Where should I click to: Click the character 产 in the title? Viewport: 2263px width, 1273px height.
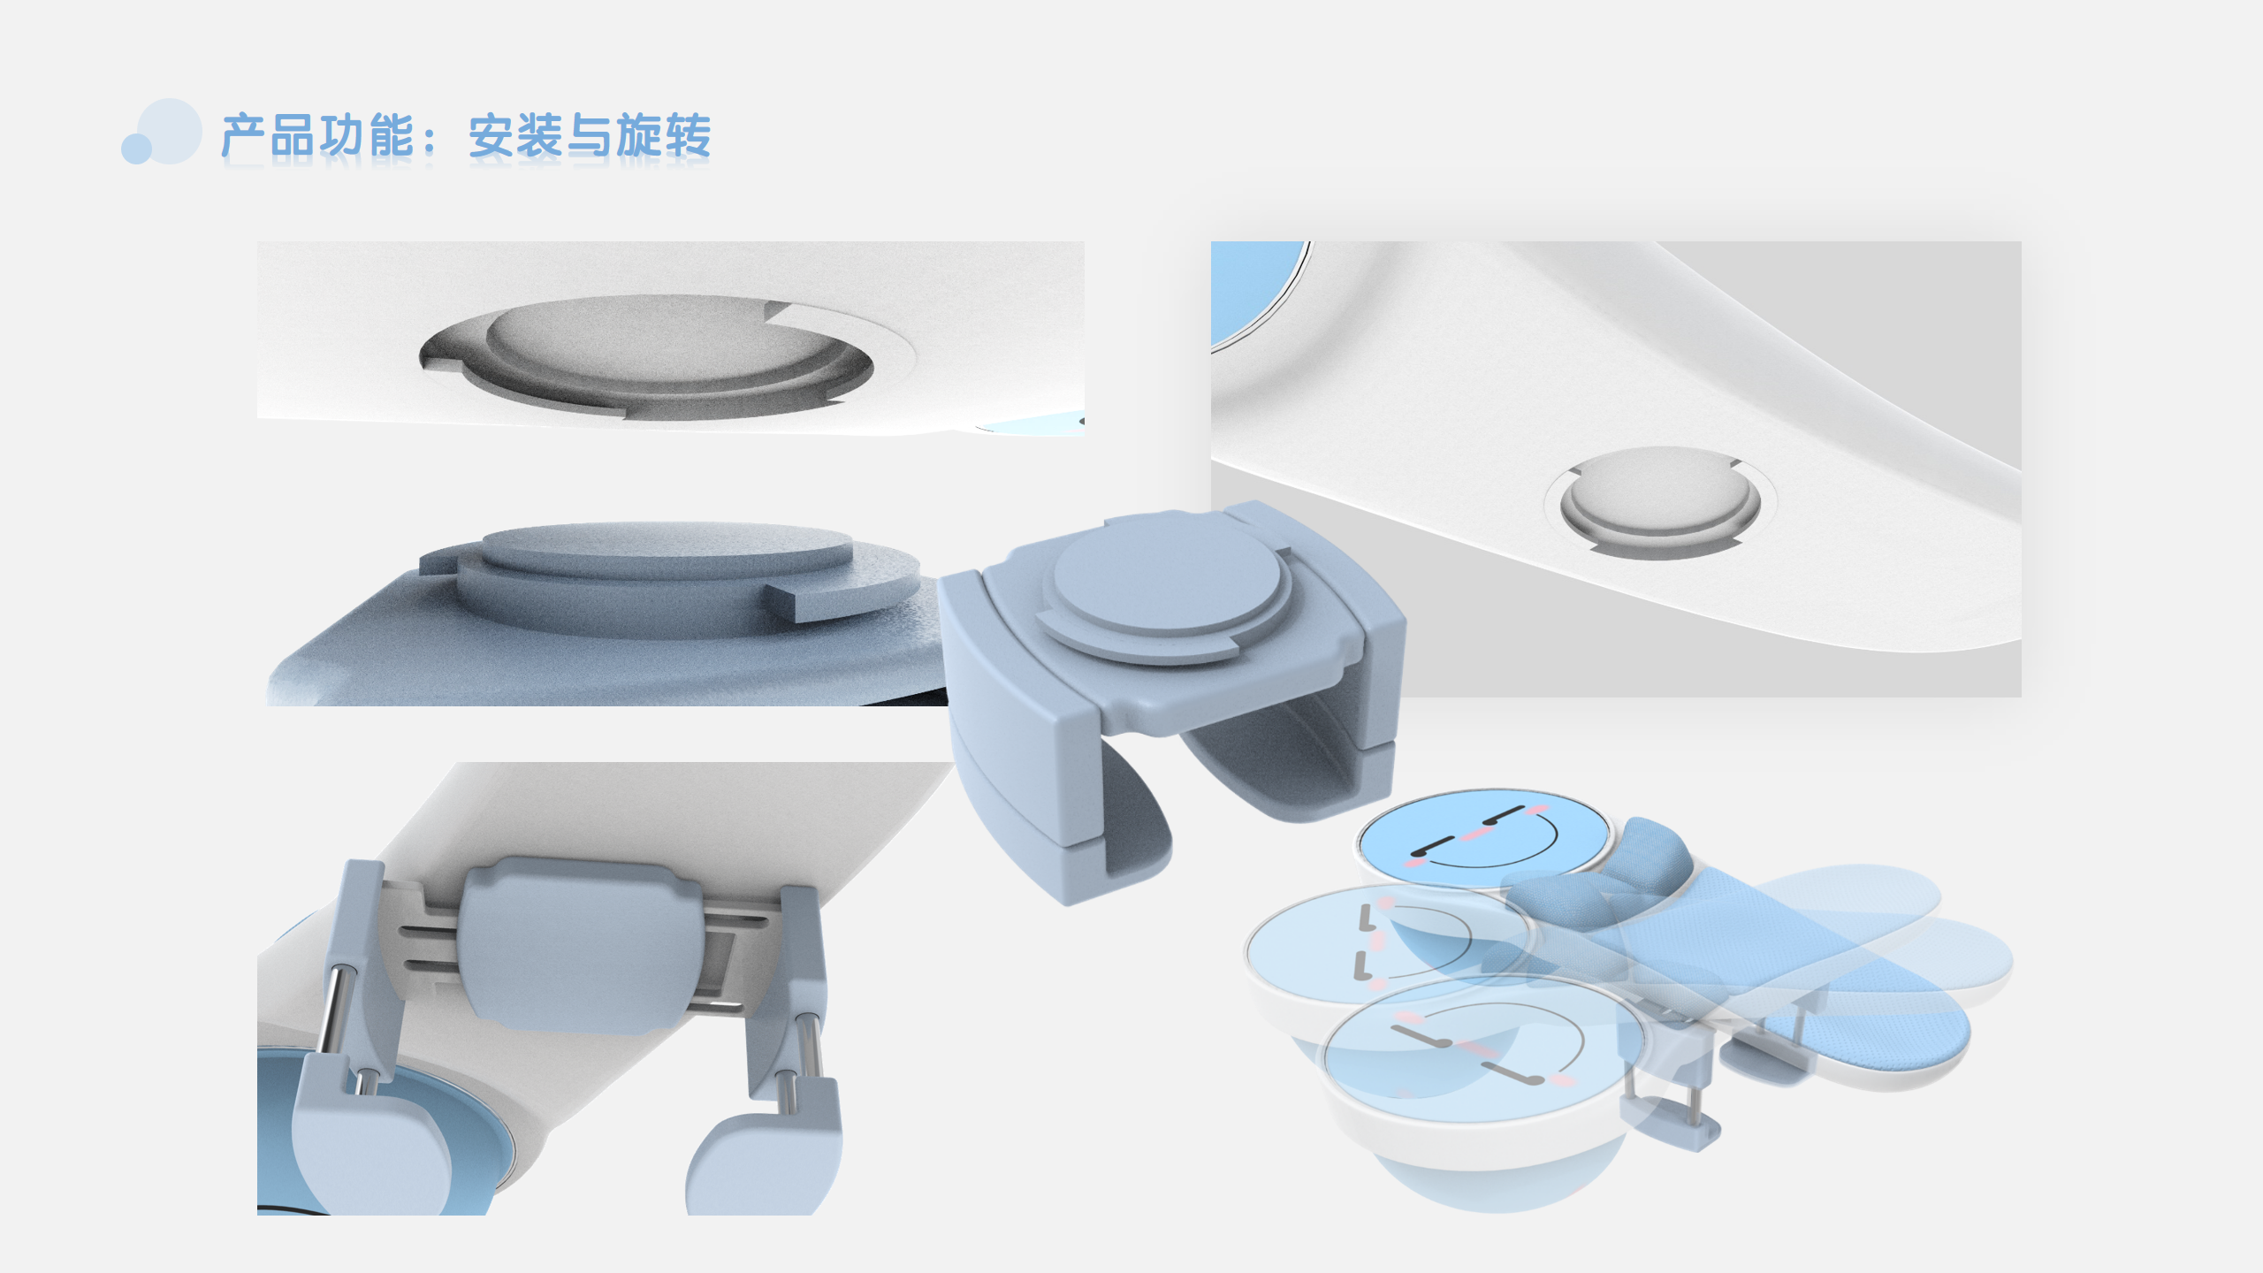(x=243, y=136)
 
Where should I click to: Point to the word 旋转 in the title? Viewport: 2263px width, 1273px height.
(x=663, y=136)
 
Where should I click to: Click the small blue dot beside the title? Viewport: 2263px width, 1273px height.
(x=136, y=149)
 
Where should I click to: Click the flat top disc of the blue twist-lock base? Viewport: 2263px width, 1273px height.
(x=667, y=546)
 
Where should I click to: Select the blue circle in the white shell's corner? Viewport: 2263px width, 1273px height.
(x=1251, y=287)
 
